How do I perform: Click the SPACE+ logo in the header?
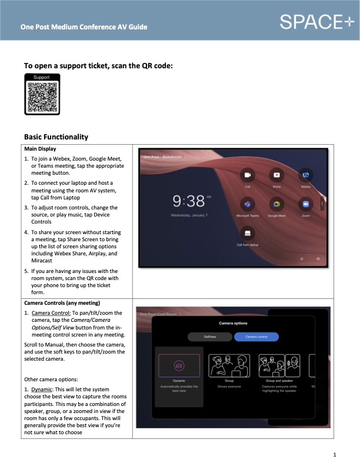coord(317,22)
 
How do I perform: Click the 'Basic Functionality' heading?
coord(56,137)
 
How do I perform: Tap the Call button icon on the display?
coord(248,175)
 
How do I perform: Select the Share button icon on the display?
coord(276,175)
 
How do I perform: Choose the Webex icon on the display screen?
coord(305,175)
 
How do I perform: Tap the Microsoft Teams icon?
coord(248,204)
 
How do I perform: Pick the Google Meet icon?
coord(276,204)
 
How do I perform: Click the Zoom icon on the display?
coord(305,204)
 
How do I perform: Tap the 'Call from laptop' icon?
coord(248,233)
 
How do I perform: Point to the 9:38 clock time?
coord(188,202)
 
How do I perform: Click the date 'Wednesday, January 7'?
coord(188,216)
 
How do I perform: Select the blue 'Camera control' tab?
coord(256,337)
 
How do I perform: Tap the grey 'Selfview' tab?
coord(210,337)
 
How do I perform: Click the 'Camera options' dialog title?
coord(233,324)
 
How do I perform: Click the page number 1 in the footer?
coord(334,455)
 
